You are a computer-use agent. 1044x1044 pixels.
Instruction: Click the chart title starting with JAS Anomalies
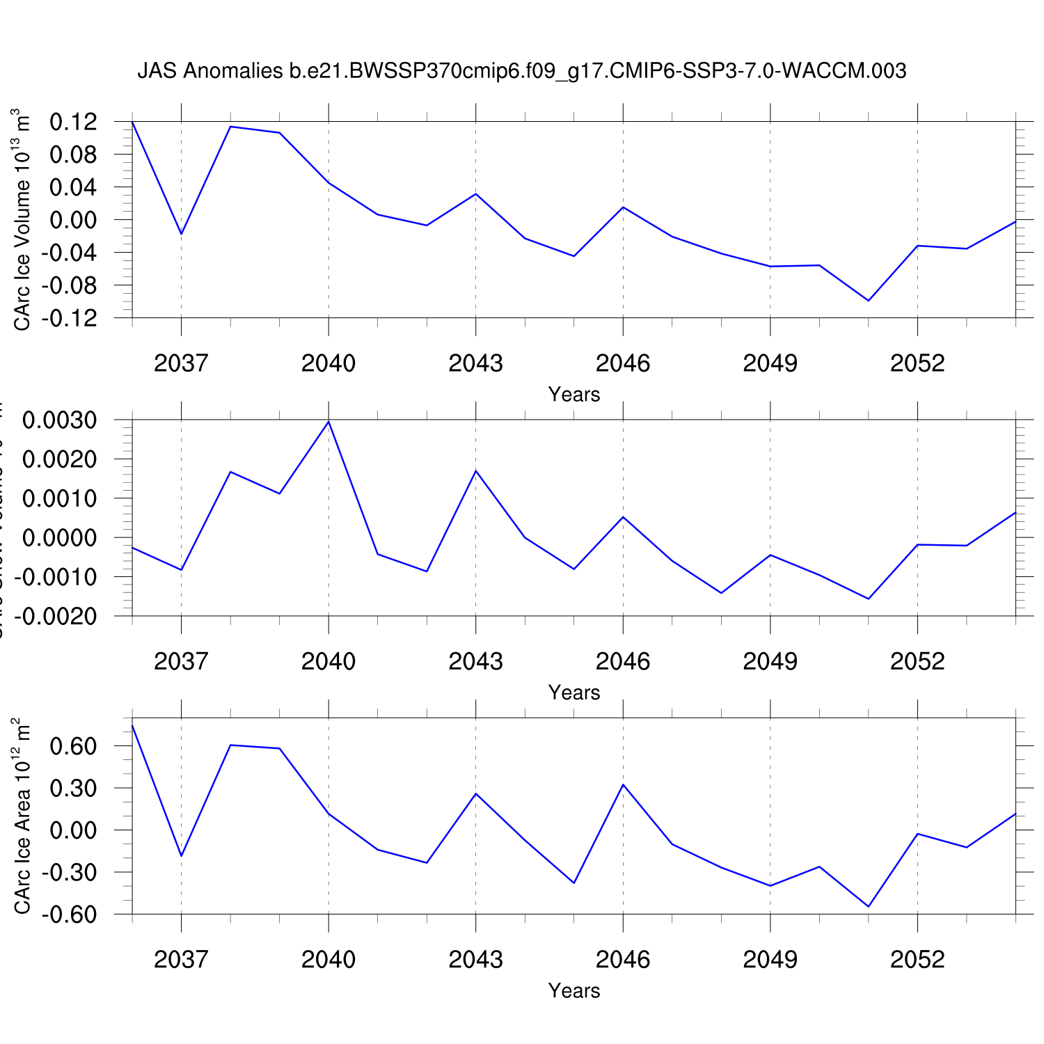(521, 71)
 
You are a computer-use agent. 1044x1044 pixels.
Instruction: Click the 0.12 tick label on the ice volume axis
(73, 122)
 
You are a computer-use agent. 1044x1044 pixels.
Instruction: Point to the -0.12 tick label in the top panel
(70, 318)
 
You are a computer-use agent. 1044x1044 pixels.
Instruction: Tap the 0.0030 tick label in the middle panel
(60, 420)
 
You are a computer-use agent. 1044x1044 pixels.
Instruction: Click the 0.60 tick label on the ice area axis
(73, 746)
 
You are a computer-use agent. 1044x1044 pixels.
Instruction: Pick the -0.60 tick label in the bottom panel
(70, 915)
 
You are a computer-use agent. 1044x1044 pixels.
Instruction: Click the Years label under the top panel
(574, 395)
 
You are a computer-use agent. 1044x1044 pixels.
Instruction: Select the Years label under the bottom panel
(574, 990)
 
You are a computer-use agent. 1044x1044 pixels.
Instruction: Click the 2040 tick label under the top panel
(329, 363)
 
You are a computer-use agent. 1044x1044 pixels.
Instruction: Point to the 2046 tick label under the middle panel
(623, 661)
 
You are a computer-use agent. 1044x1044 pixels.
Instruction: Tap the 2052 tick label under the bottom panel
(917, 959)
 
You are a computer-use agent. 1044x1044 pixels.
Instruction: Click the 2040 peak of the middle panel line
(329, 422)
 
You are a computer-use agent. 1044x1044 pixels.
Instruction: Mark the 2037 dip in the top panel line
(182, 234)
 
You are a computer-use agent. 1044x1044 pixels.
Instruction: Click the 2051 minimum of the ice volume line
(868, 301)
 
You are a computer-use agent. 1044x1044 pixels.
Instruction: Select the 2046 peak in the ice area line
(623, 785)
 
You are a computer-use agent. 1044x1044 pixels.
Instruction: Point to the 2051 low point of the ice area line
(868, 906)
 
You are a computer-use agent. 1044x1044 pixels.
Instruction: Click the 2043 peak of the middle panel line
(476, 471)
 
